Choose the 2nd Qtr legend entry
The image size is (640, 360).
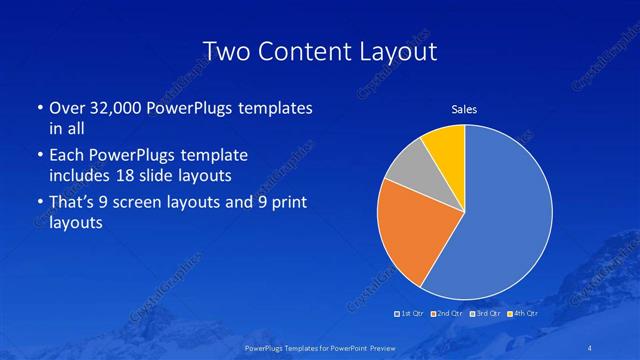[447, 315]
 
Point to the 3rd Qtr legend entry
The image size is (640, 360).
[484, 315]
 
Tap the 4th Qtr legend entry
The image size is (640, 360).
[521, 315]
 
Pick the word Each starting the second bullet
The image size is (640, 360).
[63, 156]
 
